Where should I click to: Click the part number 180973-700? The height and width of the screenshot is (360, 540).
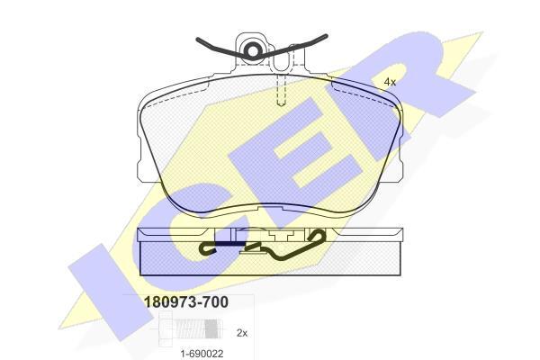point(185,302)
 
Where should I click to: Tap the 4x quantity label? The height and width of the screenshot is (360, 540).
point(390,82)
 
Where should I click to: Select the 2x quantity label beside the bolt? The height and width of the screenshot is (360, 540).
point(242,333)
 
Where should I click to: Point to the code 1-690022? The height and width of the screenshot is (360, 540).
point(202,354)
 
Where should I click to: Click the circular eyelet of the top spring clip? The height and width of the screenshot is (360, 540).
point(253,51)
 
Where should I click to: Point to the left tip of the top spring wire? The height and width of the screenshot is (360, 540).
point(197,40)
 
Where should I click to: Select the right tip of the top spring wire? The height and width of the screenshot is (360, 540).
point(326,35)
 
